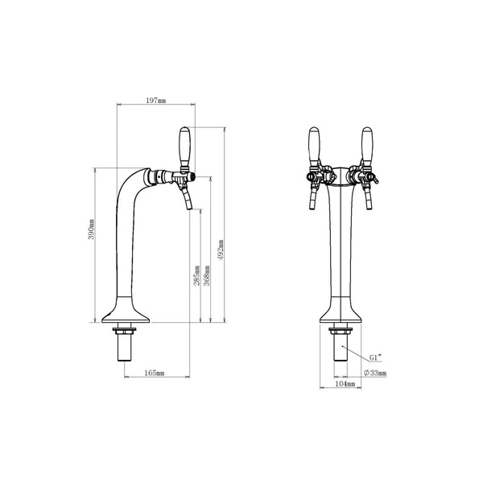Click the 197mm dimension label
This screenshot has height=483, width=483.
(156, 101)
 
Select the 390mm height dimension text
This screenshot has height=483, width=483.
(92, 229)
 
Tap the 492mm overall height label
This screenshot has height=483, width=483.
(221, 250)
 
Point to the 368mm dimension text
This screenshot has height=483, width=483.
(207, 275)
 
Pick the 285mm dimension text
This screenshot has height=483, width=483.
(197, 275)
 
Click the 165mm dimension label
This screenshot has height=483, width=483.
(155, 373)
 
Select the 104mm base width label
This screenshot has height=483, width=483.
(345, 384)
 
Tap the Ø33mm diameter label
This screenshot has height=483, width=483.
(375, 373)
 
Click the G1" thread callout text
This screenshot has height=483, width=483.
(375, 357)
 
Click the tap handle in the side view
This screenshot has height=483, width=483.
(184, 149)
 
